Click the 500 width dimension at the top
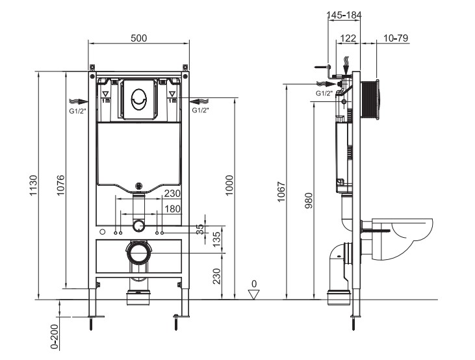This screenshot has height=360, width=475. coord(138,38)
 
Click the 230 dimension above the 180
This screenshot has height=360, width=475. coord(172,194)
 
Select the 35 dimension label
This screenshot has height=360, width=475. coord(200,229)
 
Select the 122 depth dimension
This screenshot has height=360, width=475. coord(349,38)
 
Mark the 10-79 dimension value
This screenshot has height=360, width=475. coord(395,38)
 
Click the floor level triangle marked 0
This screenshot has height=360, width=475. coord(255,294)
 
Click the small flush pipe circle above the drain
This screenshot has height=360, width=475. coord(138,226)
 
